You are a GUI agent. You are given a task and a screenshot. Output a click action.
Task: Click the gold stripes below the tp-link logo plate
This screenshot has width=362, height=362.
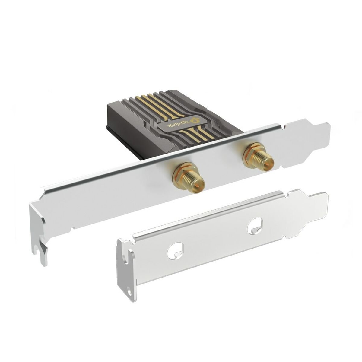pos(199,133)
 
